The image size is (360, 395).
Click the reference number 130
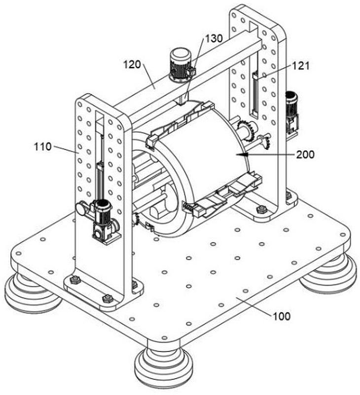[x=214, y=39]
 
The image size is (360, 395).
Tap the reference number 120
[x=132, y=65]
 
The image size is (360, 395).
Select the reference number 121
[x=301, y=66]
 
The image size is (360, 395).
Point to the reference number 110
[x=43, y=146]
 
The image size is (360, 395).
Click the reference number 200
[x=305, y=155]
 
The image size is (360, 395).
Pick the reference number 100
[x=282, y=316]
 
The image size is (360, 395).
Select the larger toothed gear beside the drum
[x=247, y=130]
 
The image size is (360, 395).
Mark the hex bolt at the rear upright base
[x=261, y=209]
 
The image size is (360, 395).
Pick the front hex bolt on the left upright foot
[x=108, y=298]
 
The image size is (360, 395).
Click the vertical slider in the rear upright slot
[x=255, y=93]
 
